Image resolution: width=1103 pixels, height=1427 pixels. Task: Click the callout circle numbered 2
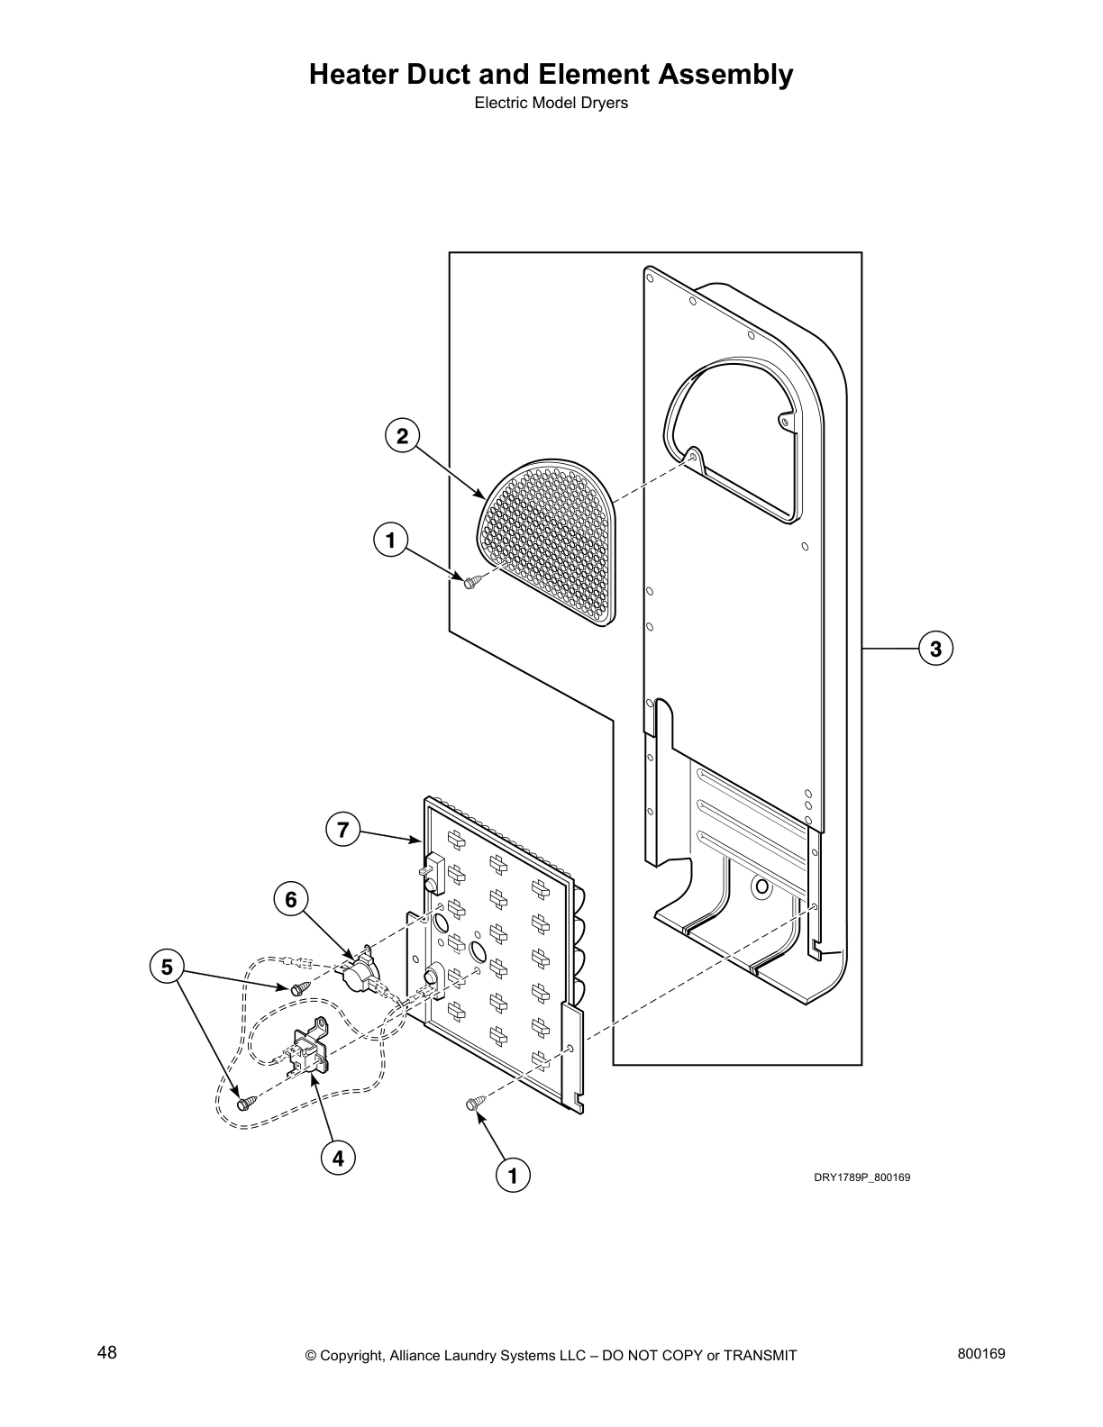tap(402, 437)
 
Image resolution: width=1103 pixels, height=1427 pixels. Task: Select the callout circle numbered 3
tap(935, 648)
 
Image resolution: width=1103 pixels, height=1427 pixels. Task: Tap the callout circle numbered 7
tap(342, 829)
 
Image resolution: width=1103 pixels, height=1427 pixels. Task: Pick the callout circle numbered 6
tap(291, 899)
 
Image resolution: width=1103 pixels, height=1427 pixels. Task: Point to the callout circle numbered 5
tap(167, 968)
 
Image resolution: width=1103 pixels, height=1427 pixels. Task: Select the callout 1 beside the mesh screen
tap(390, 541)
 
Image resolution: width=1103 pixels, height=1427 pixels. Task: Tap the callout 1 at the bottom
tap(513, 1176)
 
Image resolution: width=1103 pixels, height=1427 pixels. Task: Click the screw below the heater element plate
tap(474, 1104)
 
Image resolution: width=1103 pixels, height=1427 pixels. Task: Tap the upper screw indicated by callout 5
tap(299, 988)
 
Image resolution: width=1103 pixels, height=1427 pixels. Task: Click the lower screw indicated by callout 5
tap(244, 1102)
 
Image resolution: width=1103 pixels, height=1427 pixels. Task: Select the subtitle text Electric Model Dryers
tap(551, 103)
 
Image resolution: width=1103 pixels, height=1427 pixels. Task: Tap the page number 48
tap(107, 1352)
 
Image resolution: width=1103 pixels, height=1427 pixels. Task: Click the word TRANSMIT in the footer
tap(760, 1355)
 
